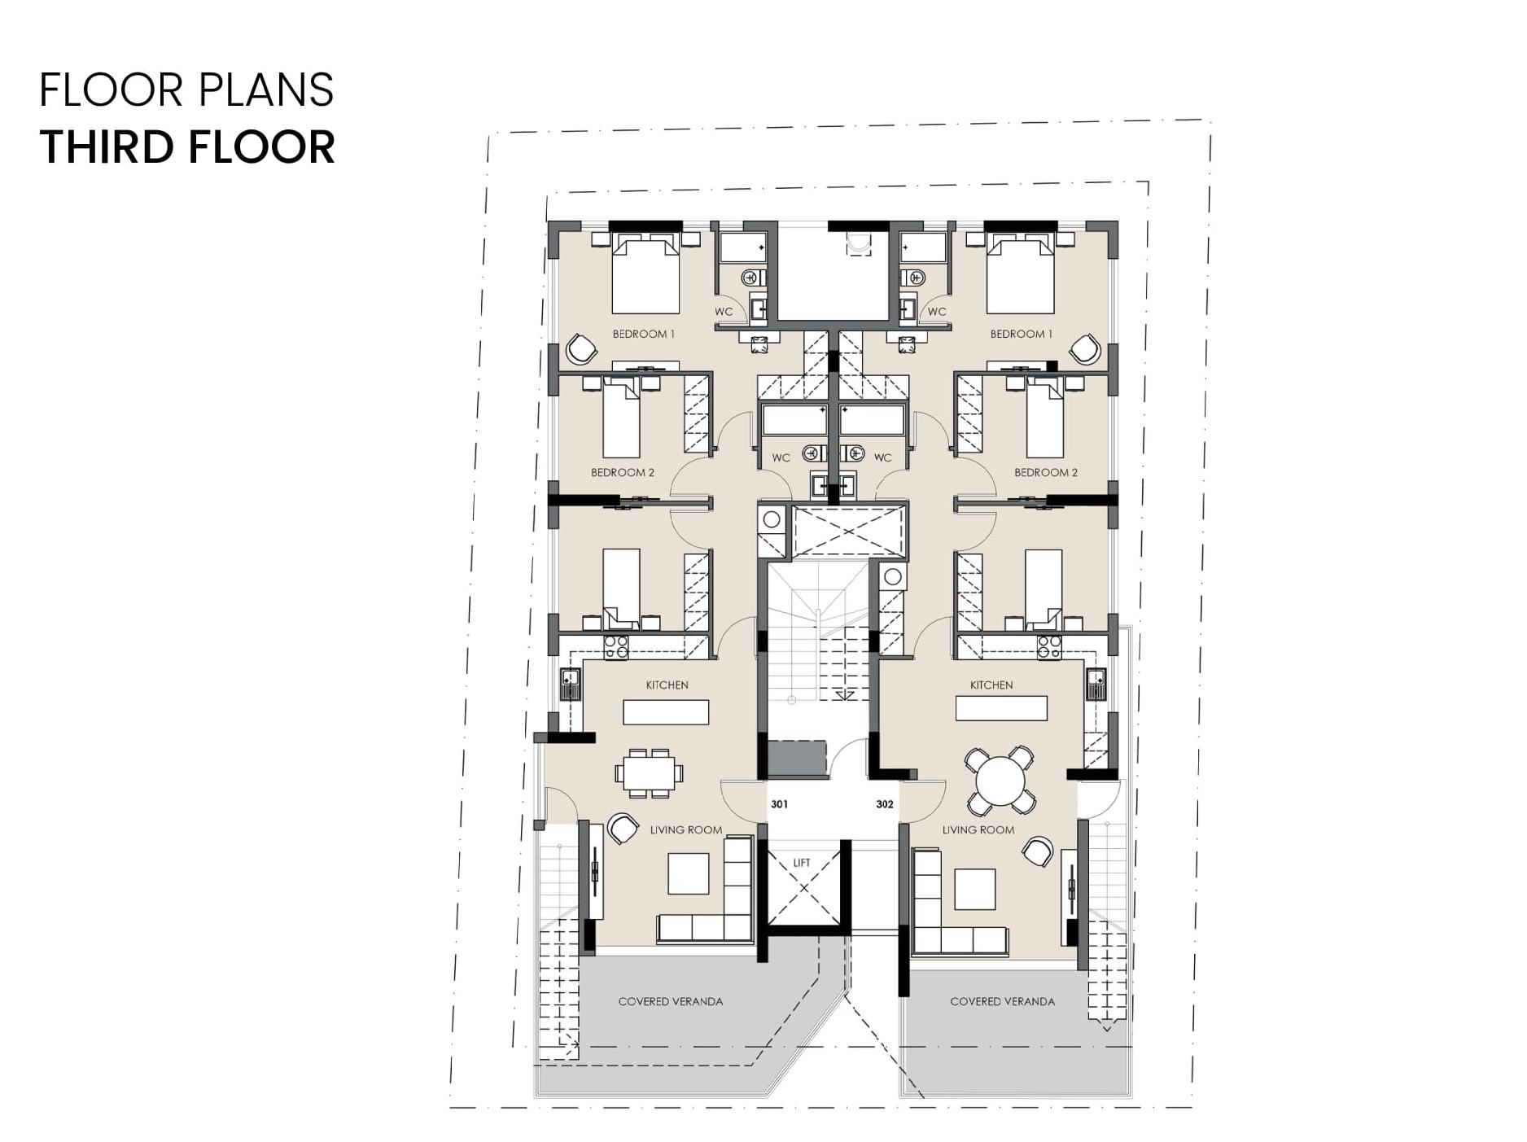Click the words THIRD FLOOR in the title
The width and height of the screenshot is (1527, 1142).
(187, 147)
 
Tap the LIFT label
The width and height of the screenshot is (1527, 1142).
(802, 863)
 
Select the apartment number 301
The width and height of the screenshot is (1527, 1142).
(779, 804)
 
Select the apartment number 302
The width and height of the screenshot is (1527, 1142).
(885, 804)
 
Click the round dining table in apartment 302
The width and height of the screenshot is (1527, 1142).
(1000, 781)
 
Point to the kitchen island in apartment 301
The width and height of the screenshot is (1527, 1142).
(666, 711)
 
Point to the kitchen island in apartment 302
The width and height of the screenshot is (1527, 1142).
(1001, 708)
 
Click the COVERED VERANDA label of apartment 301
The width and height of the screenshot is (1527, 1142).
(671, 1002)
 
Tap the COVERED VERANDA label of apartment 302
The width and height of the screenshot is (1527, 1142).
(1002, 1002)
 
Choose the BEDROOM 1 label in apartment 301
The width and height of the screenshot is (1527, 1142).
(644, 334)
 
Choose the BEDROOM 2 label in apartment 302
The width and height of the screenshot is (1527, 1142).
(1046, 472)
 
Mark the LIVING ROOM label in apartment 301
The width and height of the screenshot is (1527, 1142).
(686, 830)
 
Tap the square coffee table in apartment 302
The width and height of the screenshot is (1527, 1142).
(975, 889)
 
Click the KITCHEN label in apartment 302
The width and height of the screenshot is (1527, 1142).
(991, 685)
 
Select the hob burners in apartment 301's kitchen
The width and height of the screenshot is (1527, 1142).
(616, 647)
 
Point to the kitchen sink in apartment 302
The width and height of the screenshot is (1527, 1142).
(1096, 684)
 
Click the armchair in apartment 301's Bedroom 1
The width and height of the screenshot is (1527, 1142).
(581, 349)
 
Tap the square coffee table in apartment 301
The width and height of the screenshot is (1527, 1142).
(689, 873)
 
